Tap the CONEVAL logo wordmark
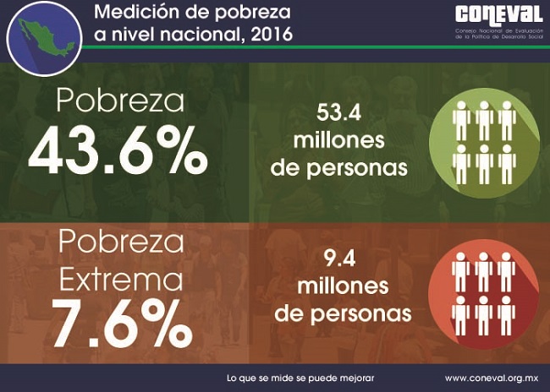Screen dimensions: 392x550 (x=498, y=15)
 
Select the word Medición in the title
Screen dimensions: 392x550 (x=136, y=14)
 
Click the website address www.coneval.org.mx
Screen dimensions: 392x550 (x=491, y=377)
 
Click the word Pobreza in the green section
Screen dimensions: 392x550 (x=120, y=101)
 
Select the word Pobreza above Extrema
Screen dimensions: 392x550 (x=122, y=241)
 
